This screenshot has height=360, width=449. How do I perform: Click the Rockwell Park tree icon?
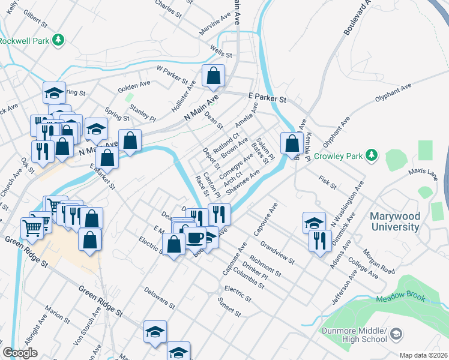(58, 40)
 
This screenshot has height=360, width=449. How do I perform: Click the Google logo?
(20, 353)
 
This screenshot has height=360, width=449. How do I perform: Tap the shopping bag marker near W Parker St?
(213, 76)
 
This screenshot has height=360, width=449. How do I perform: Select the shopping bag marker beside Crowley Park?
(292, 144)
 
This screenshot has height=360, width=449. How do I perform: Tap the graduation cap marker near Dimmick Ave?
(314, 223)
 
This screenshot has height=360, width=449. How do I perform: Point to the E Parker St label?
(267, 96)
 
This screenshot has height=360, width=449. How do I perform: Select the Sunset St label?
(229, 307)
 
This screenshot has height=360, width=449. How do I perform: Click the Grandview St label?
(277, 253)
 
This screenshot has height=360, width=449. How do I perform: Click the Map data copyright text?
(424, 355)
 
